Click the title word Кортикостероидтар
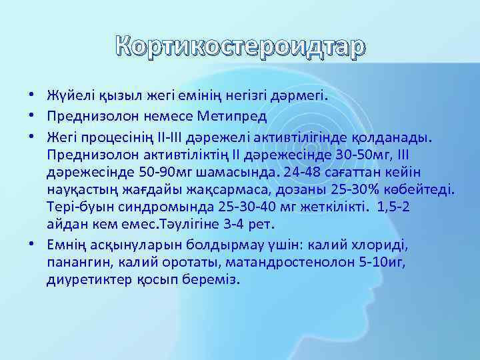(x=241, y=47)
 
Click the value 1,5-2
(x=391, y=207)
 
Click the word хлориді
(x=385, y=244)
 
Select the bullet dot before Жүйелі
(x=31, y=95)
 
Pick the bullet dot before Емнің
(x=31, y=245)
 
